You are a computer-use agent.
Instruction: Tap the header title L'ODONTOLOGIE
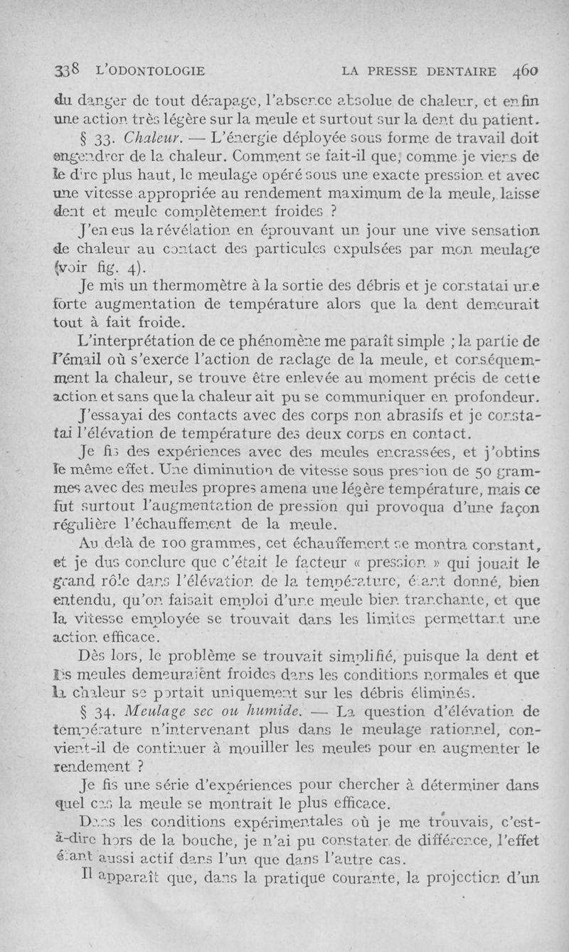click(142, 71)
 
